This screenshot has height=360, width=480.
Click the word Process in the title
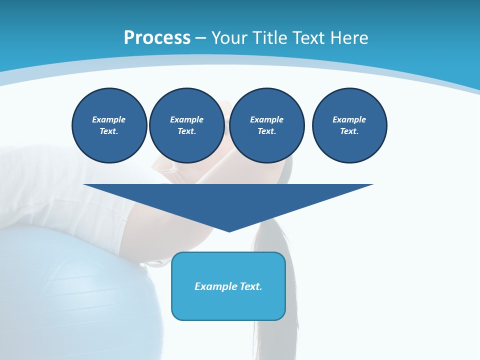coord(157,38)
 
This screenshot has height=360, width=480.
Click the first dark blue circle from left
coord(109,125)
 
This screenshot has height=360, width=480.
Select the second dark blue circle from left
coord(187,125)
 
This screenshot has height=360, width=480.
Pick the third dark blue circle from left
coord(267,125)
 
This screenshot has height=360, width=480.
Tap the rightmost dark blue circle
coord(349,125)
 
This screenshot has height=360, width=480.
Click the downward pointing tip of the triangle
coord(229,230)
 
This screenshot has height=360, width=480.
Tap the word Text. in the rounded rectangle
coord(250,286)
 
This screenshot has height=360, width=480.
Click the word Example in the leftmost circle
coord(109,119)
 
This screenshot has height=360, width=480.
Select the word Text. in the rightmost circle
coord(349,131)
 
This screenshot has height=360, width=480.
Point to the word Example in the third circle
coord(267,119)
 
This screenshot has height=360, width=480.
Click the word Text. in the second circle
coord(187,131)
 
